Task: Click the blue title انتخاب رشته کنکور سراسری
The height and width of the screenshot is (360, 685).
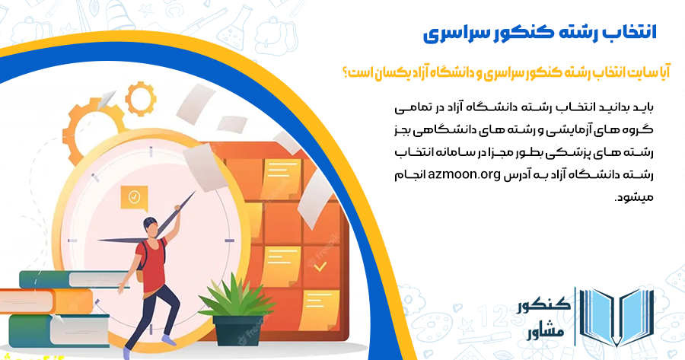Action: (x=539, y=34)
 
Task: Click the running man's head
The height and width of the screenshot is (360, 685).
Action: (x=149, y=226)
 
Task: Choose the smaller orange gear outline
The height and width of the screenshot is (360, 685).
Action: (x=139, y=97)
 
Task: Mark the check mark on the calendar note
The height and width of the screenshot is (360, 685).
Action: (x=320, y=266)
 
